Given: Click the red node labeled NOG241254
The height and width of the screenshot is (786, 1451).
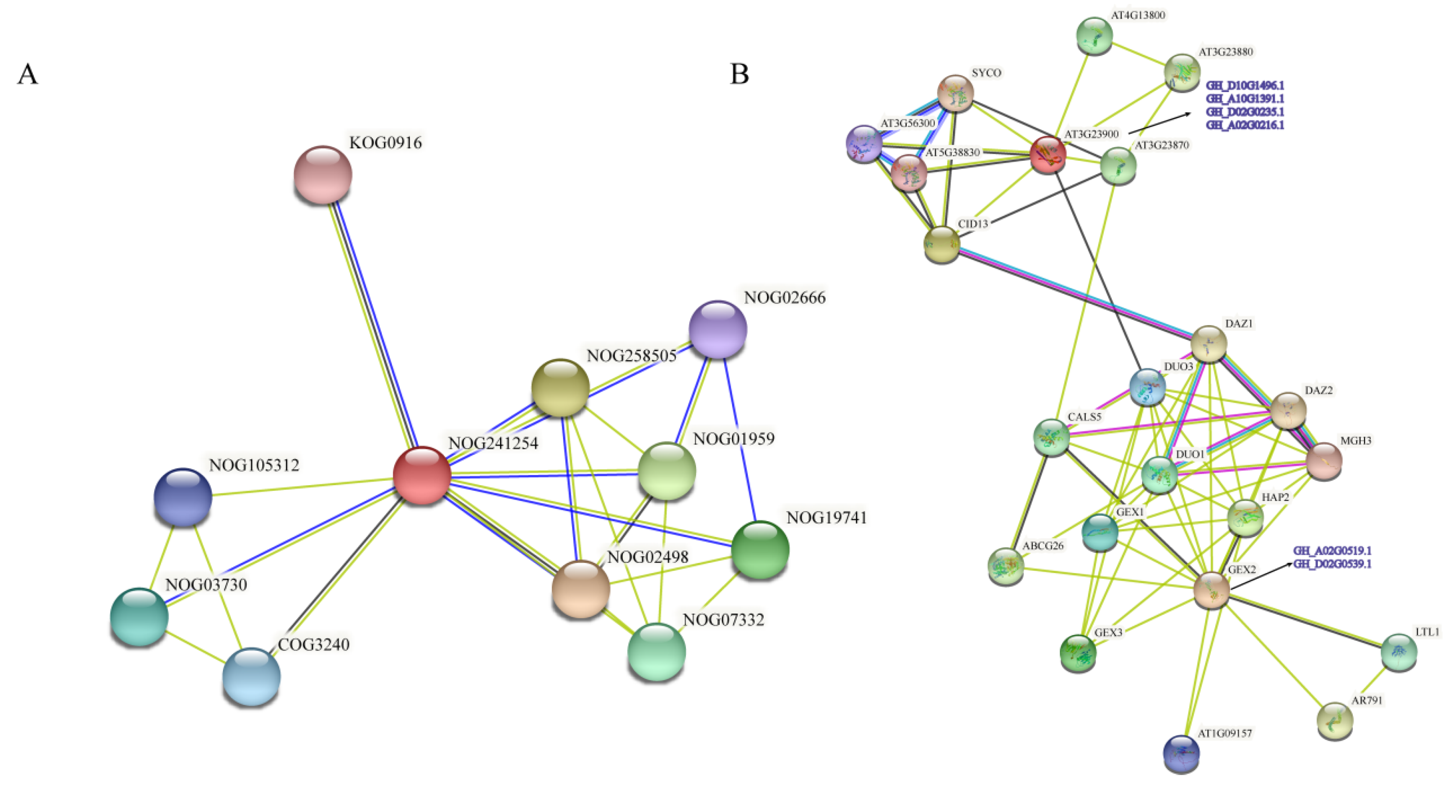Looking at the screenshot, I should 421,475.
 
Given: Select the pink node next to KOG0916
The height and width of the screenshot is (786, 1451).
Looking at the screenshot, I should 323,174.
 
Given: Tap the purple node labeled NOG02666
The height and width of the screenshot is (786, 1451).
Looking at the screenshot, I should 718,329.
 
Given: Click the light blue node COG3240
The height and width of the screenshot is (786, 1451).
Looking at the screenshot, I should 251,677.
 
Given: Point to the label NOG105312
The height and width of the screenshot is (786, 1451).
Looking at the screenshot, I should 254,465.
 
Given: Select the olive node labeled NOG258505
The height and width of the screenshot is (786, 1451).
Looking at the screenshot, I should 560,388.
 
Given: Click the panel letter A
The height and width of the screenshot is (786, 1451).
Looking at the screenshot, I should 27,74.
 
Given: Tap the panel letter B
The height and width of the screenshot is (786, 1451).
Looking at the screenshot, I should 739,74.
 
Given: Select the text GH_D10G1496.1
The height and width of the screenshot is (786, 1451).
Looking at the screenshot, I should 1245,86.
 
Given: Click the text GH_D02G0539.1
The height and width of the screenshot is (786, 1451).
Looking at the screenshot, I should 1332,564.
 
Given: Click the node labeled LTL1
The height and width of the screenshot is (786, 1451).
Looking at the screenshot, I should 1399,652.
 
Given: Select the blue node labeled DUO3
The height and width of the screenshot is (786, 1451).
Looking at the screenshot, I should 1147,388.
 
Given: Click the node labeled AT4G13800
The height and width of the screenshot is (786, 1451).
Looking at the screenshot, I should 1095,36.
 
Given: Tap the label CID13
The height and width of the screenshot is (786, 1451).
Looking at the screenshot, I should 973,224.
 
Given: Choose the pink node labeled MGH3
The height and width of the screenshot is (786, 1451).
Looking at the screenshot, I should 1324,461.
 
